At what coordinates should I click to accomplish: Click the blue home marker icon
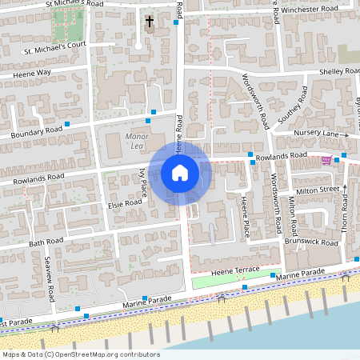coord(180,172)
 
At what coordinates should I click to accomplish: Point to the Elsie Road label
coord(124,203)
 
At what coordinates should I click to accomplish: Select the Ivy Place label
coord(143,182)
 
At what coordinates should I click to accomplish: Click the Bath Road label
coord(46,241)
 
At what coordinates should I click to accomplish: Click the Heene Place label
coord(246,218)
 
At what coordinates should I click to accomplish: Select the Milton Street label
coord(318,190)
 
